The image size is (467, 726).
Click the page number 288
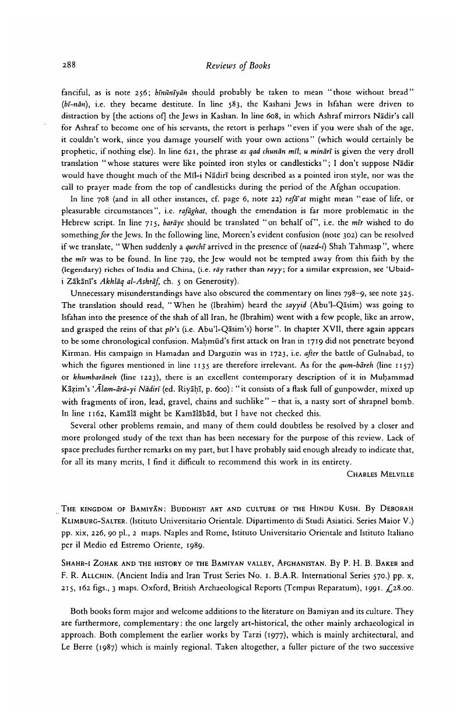click(x=69, y=65)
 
